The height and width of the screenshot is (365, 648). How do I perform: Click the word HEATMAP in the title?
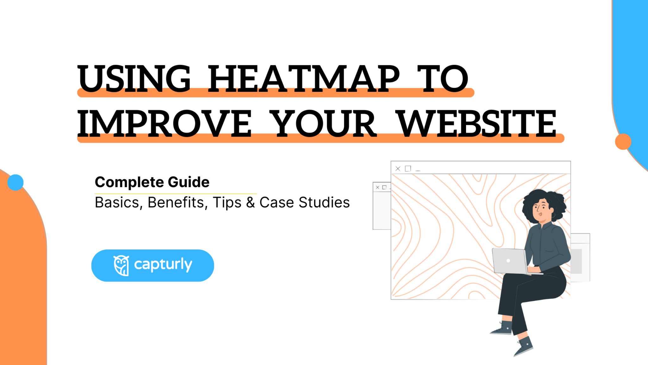(x=304, y=78)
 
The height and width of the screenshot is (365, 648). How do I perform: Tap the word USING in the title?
(x=134, y=78)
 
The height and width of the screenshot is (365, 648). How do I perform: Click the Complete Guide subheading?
(x=152, y=182)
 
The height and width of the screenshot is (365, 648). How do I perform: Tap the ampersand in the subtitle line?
(x=251, y=202)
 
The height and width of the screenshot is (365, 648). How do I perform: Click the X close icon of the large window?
(x=398, y=169)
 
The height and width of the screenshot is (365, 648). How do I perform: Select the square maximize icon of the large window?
(x=408, y=169)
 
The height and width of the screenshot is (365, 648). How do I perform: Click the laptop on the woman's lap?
(x=509, y=261)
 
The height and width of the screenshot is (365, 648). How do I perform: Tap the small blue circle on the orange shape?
(x=15, y=182)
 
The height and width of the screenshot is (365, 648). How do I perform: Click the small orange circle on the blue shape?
(x=623, y=142)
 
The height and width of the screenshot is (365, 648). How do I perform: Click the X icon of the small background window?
(x=377, y=187)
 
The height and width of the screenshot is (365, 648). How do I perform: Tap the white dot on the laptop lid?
(x=508, y=261)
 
